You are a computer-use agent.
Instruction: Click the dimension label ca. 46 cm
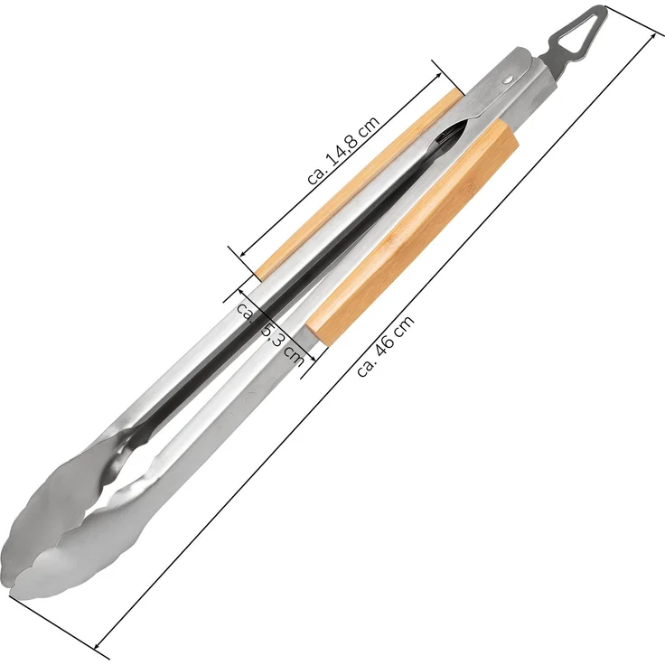pyautogui.click(x=385, y=346)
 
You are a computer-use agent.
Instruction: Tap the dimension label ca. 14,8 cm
pyautogui.click(x=343, y=150)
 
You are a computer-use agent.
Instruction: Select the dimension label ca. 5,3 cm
pyautogui.click(x=270, y=333)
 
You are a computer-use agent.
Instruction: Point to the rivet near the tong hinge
pyautogui.click(x=507, y=80)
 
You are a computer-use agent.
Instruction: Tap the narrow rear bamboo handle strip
pyautogui.click(x=360, y=184)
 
